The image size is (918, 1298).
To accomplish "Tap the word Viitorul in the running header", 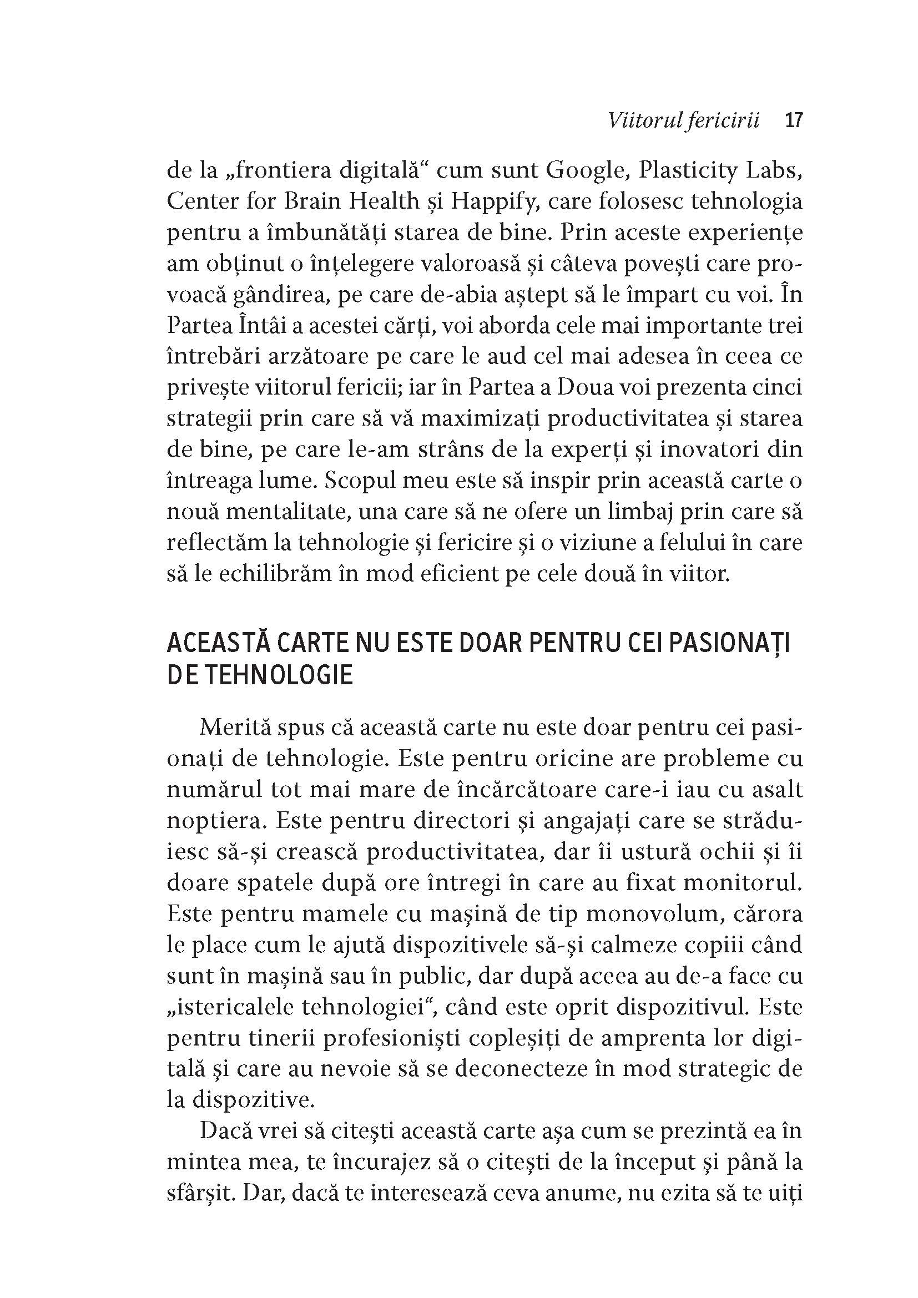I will pyautogui.click(x=639, y=120).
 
